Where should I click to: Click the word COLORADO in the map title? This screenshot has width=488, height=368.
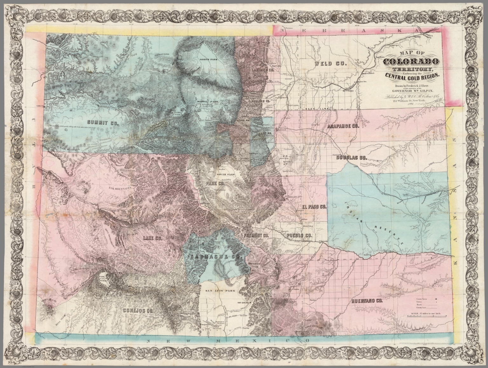(x=412, y=62)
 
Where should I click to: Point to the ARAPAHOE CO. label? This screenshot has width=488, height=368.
(x=343, y=126)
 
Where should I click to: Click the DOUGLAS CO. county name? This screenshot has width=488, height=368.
(x=351, y=157)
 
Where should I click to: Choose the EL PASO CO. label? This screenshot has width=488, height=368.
(x=314, y=207)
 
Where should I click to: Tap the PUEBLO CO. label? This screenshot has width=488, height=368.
(x=299, y=236)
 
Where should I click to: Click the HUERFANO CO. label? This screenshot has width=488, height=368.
(x=367, y=301)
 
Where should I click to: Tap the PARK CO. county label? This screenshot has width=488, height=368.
(x=215, y=184)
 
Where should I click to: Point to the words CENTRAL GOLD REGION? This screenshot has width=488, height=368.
(x=412, y=76)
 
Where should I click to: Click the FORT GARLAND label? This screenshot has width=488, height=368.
(x=241, y=302)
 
